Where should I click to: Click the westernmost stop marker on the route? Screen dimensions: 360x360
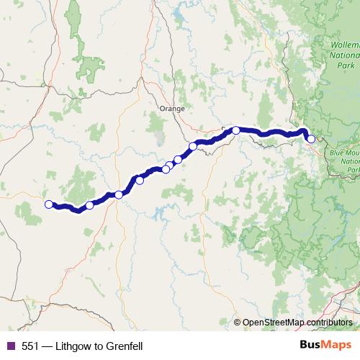coord(49,204)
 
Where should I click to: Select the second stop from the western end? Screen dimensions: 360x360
coord(89,205)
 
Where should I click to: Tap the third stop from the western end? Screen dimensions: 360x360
coord(119,194)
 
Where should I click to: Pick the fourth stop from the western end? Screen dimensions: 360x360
coord(140,180)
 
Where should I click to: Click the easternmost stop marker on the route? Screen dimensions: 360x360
coord(311,139)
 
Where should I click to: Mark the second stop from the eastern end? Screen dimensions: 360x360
coord(236,130)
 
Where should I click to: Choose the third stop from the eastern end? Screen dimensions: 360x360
coord(193,147)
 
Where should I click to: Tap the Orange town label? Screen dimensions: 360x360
coord(172,109)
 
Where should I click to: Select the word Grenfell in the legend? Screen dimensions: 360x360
coord(123,346)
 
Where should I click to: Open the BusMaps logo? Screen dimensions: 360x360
coord(325,346)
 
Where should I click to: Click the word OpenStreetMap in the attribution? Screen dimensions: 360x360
coord(278,323)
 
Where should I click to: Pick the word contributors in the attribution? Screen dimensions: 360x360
coord(330,323)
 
